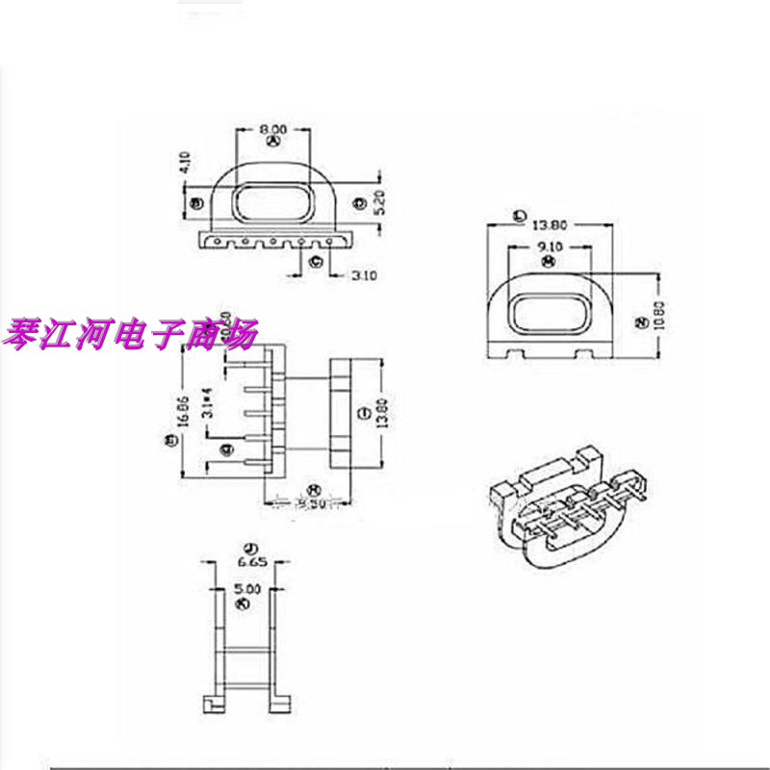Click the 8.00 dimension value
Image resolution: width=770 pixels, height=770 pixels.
pyautogui.click(x=272, y=127)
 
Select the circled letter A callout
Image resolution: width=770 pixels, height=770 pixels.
pyautogui.click(x=272, y=141)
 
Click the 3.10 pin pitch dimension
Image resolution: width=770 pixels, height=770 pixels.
pyautogui.click(x=364, y=276)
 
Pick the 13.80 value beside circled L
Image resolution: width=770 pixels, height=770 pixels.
pyautogui.click(x=550, y=224)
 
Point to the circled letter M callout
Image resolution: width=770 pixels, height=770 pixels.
pyautogui.click(x=547, y=261)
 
